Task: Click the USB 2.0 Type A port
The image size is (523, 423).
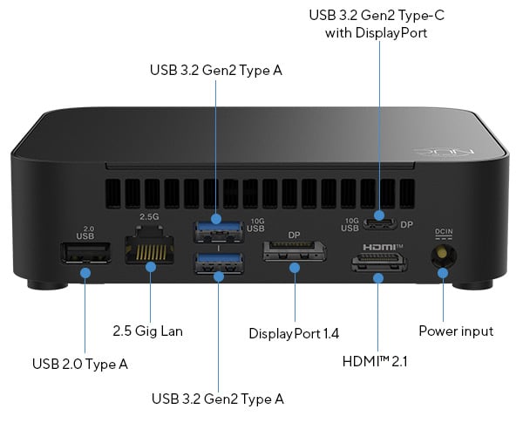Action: click(85, 254)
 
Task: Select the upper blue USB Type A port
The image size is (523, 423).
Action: click(218, 232)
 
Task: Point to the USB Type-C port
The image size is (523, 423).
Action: click(379, 223)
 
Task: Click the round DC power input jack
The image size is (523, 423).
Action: click(443, 256)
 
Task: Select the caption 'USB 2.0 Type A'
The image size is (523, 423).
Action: click(79, 364)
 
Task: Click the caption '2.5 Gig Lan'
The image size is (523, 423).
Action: click(148, 331)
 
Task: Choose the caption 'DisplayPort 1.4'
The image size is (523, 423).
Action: click(294, 334)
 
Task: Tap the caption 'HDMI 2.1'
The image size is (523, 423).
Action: click(377, 360)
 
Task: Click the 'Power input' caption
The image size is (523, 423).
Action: click(456, 331)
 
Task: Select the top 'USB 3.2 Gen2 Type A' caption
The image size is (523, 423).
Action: click(217, 71)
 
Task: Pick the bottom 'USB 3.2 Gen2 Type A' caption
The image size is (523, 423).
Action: click(218, 399)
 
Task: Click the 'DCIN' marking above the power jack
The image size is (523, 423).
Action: click(444, 233)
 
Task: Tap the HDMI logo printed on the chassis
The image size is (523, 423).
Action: click(377, 247)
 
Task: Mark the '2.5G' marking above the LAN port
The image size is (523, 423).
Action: click(149, 215)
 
